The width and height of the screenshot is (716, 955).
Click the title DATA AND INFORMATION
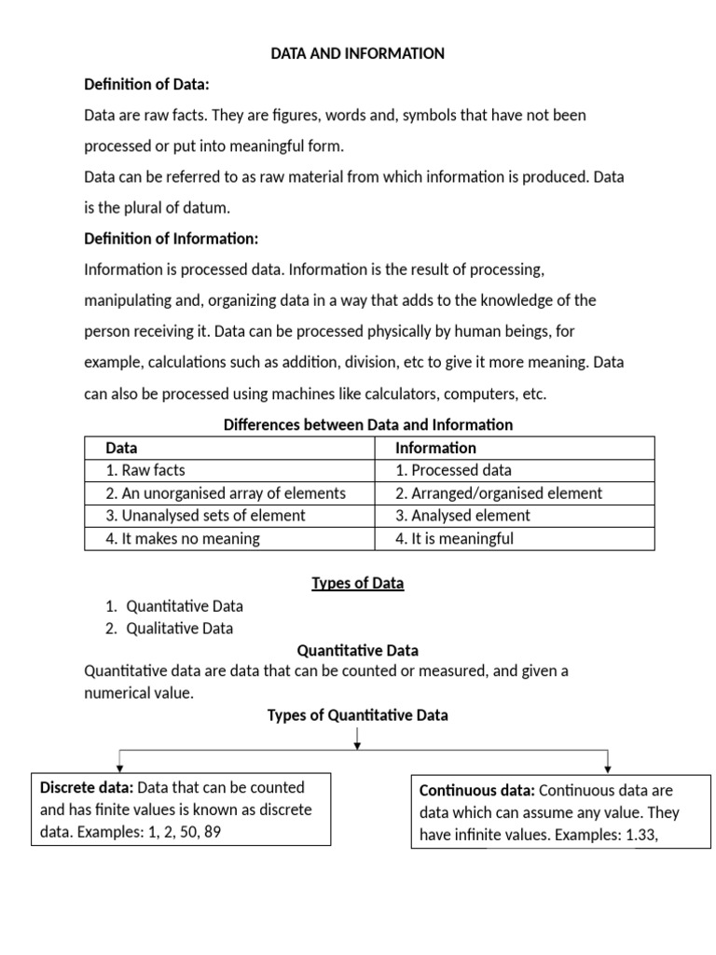357,54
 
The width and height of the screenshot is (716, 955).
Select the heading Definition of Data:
146,85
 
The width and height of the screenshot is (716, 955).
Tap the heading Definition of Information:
171,239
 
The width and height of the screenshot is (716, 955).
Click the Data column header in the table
122,448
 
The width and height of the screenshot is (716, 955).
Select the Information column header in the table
435,448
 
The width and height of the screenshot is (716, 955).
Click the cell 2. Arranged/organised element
499,493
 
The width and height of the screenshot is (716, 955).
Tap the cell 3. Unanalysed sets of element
205,516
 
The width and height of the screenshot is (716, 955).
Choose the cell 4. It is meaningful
454,538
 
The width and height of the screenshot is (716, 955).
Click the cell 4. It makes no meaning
183,538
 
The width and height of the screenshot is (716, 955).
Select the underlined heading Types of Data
357,583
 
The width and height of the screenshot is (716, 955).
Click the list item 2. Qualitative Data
169,629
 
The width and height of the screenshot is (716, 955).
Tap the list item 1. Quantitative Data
174,606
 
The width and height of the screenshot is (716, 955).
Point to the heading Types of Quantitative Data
357,715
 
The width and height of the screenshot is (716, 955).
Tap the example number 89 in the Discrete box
212,830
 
